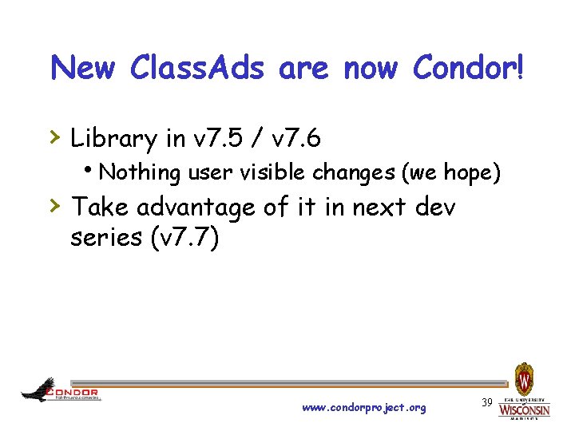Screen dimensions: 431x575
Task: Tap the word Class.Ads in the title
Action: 196,69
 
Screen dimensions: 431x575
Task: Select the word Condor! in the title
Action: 469,69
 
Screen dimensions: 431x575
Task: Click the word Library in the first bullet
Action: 114,139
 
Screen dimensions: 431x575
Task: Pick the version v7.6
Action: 296,139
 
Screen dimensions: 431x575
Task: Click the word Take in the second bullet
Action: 101,208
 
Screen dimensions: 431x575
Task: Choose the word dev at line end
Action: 435,208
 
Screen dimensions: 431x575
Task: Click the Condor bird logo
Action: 38,390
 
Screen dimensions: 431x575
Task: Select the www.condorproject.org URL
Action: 363,408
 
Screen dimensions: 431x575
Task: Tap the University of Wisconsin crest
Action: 524,378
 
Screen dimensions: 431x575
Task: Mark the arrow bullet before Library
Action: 55,138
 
